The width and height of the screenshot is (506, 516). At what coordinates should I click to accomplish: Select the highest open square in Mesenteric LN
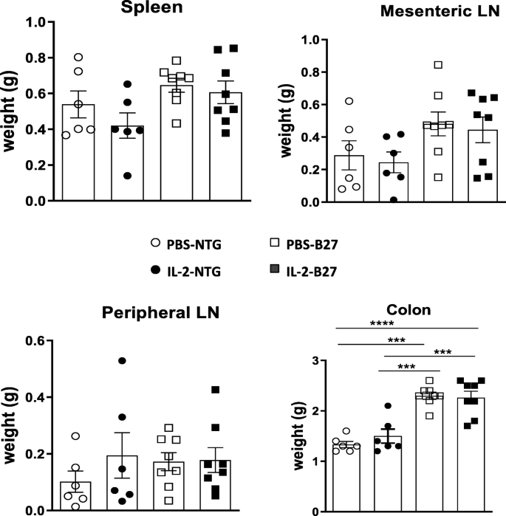pos(397,65)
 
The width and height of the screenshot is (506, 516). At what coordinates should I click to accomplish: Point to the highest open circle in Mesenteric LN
pos(349,100)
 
